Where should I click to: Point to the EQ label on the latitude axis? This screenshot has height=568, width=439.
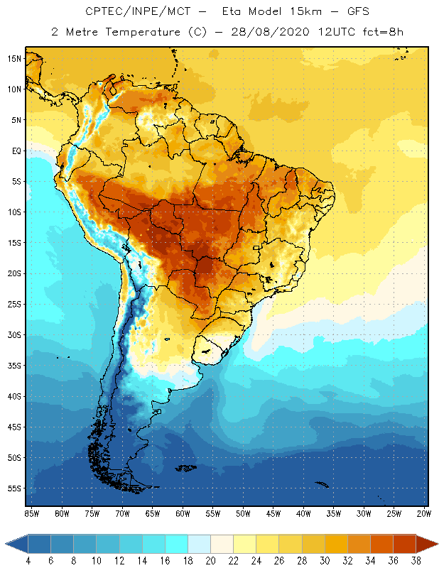tap(16, 151)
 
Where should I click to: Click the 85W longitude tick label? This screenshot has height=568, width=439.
tap(31, 513)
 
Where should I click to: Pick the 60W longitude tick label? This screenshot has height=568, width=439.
tap(183, 513)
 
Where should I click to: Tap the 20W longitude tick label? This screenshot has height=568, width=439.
tap(424, 513)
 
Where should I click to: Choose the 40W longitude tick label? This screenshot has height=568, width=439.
tap(303, 513)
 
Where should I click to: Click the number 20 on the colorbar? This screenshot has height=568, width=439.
tap(210, 560)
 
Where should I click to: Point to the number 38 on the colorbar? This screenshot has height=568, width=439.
tap(415, 560)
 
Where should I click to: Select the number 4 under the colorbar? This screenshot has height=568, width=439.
tap(28, 560)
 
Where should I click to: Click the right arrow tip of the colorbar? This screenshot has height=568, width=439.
tap(436, 544)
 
